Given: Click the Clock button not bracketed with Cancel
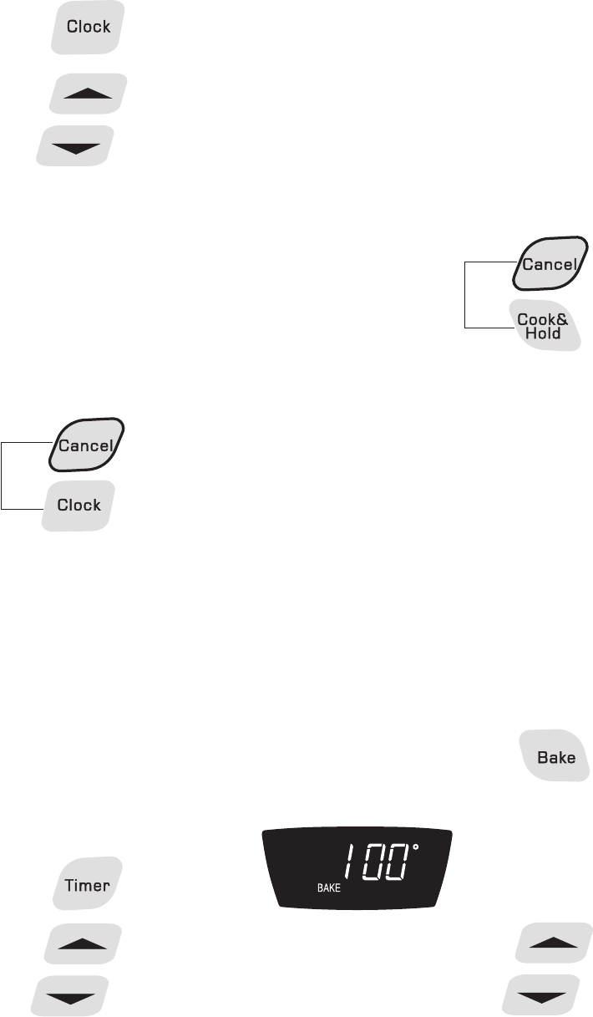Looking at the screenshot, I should click(x=89, y=27).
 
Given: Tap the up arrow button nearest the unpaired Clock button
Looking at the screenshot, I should click(x=88, y=93).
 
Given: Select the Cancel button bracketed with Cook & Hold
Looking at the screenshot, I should click(x=548, y=264).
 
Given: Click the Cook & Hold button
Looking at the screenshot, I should click(x=543, y=325).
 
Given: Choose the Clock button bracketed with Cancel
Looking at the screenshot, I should click(x=79, y=505).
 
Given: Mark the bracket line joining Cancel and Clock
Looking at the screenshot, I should click(x=3, y=475).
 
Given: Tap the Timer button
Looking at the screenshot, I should click(x=87, y=883).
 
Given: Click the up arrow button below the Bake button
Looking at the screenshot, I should click(x=554, y=944).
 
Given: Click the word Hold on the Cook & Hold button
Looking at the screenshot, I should click(x=543, y=333).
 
